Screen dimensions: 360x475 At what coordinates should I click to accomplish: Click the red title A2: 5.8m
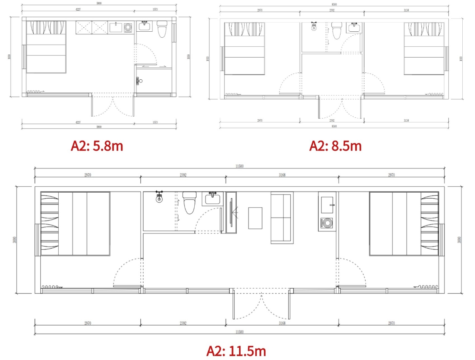[x=97, y=146]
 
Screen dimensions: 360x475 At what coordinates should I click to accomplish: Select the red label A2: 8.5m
[x=335, y=146]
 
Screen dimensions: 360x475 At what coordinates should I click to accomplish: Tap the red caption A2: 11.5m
[x=236, y=351]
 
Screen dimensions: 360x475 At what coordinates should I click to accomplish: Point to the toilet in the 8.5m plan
[x=337, y=31]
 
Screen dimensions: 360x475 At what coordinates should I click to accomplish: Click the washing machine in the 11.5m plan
[x=327, y=223]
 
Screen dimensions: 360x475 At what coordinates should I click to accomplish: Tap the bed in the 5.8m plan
[x=46, y=47]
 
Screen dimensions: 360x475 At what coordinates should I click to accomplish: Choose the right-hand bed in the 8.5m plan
[x=423, y=49]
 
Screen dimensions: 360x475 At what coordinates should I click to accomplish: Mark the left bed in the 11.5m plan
[x=75, y=224]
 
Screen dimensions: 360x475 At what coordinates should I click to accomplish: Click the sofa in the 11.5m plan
[x=282, y=218]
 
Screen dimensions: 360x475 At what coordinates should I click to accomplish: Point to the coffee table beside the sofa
[x=255, y=218]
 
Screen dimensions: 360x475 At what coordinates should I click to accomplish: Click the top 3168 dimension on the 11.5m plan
[x=282, y=174]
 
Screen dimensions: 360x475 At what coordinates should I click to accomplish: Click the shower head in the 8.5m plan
[x=314, y=26]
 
